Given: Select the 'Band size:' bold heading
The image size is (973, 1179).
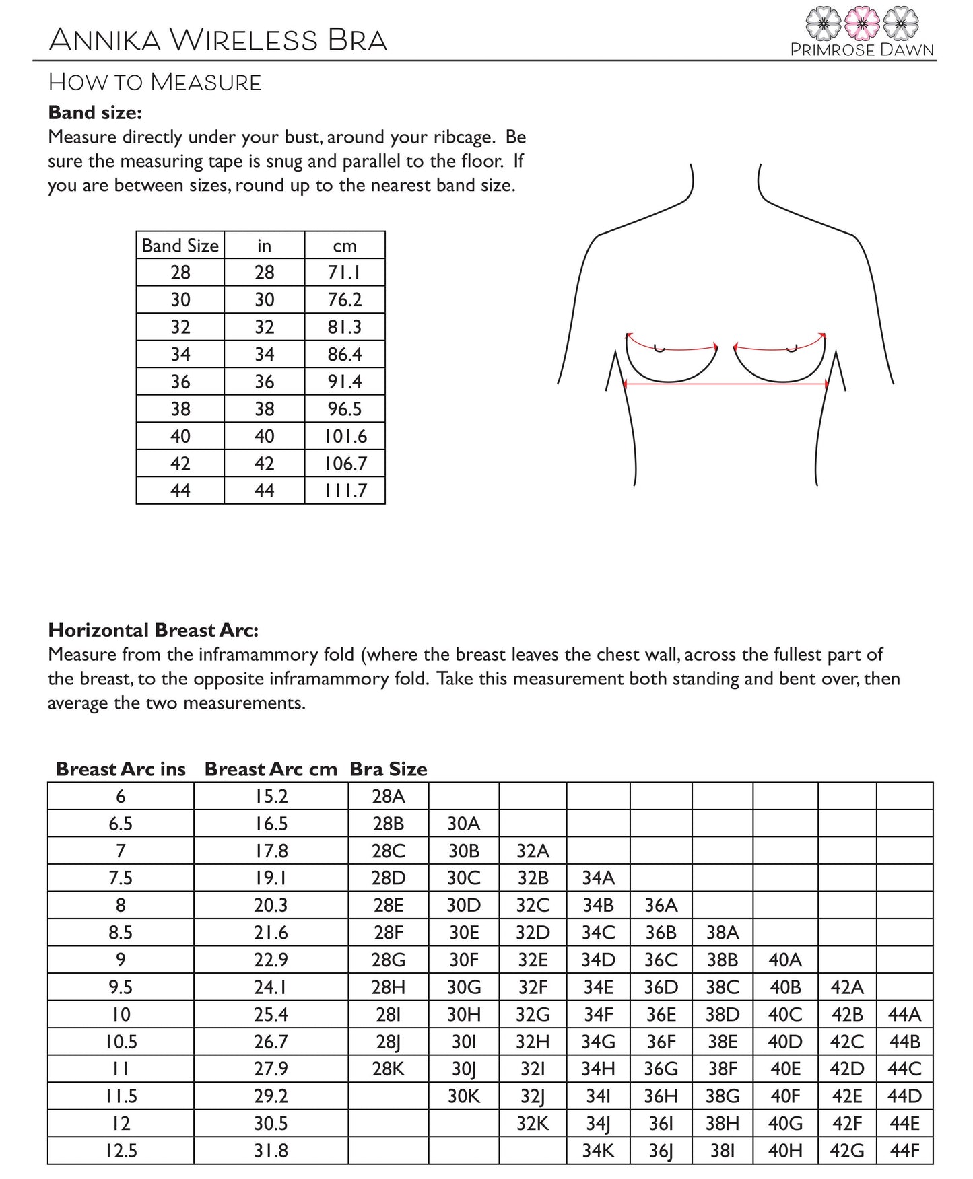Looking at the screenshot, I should [x=95, y=112].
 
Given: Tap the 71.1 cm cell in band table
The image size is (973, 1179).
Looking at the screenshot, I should [x=344, y=273].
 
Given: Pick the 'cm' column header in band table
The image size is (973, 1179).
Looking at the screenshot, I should [x=344, y=246].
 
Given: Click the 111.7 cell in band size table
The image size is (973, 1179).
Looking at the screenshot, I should [x=345, y=491].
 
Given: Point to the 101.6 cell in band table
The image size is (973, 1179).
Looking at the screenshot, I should [x=345, y=436].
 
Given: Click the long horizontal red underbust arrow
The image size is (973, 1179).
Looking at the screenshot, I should [x=726, y=384].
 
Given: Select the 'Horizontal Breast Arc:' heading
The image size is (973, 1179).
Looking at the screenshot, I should [x=154, y=630].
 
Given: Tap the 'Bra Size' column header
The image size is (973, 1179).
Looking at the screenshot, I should [x=389, y=769].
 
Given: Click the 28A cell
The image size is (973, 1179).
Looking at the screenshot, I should [x=389, y=797].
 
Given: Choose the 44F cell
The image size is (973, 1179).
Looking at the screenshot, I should [x=904, y=1151].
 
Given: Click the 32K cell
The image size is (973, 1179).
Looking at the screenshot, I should [x=533, y=1123].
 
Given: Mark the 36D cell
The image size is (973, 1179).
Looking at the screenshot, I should [x=661, y=987].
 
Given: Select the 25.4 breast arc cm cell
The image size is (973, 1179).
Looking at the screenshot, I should [x=271, y=1014].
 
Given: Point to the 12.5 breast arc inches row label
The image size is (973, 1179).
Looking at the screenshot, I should [x=121, y=1151].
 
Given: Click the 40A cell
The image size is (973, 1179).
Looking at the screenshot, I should [x=784, y=960].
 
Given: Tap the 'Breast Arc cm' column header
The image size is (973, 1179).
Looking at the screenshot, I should [x=271, y=769].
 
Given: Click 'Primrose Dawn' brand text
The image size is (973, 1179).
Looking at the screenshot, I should [x=862, y=50].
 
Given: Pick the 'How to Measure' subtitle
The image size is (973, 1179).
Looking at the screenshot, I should [x=155, y=82].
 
